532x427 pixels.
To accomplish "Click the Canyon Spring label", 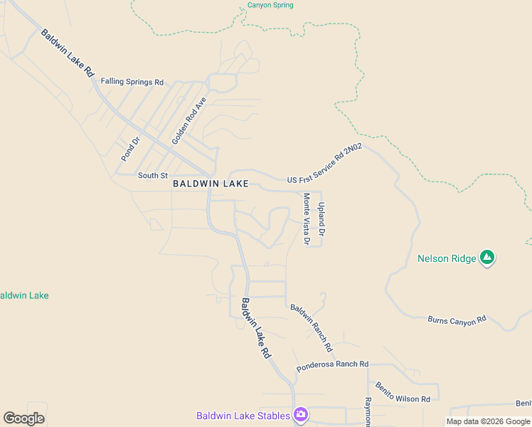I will [x=270, y=5].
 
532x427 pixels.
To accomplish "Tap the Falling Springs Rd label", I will [x=132, y=82].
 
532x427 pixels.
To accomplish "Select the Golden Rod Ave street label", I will [x=188, y=121].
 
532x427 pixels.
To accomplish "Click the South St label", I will [x=153, y=175].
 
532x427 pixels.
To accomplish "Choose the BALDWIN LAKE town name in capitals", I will [x=211, y=184].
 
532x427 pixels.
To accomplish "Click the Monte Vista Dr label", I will [x=307, y=219].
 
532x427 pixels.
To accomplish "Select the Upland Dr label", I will [x=321, y=219].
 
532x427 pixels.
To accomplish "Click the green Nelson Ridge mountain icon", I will [x=487, y=258].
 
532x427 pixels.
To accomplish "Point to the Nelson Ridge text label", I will [x=447, y=258].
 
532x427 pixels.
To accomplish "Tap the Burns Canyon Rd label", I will [x=457, y=320].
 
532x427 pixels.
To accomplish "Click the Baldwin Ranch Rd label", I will [x=311, y=328].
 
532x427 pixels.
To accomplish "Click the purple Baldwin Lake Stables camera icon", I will [x=301, y=415].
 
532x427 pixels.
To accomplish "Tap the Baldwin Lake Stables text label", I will [x=243, y=416].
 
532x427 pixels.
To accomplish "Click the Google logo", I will [x=24, y=418].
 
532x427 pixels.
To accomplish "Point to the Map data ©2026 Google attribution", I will [x=488, y=421].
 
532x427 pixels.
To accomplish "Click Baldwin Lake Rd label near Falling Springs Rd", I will [x=68, y=53].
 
